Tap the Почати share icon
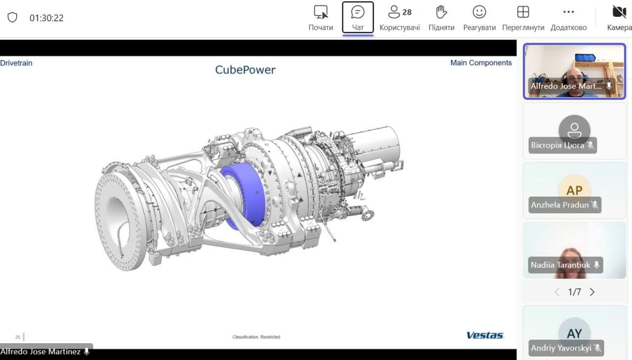321,12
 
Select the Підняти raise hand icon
441,12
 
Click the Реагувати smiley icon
479,12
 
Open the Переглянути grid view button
523,12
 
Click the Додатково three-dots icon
568,12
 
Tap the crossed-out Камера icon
619,12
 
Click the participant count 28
407,12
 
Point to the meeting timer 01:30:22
46,18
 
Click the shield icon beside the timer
12,17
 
